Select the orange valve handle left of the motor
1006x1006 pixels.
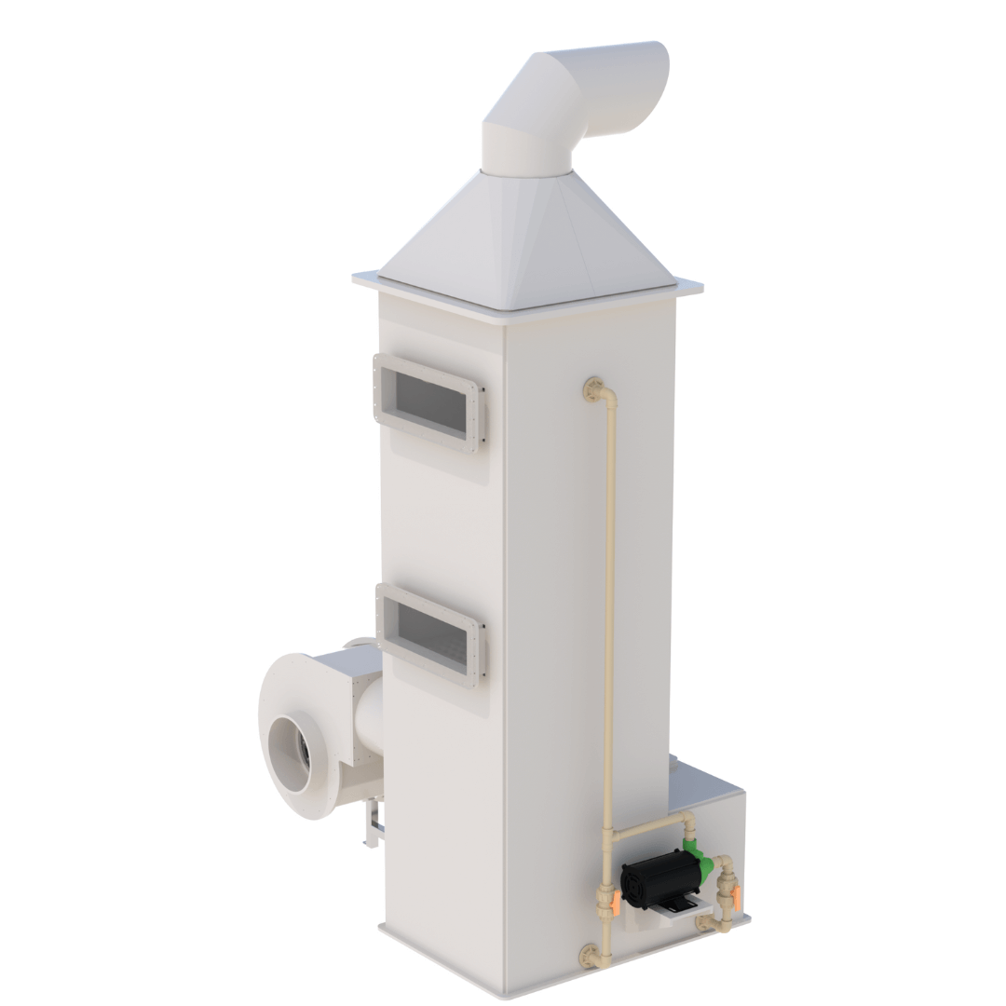coord(615,903)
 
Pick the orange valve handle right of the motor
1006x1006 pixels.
coord(736,898)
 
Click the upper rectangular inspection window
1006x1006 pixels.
coord(430,403)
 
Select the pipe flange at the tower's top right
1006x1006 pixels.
coord(591,387)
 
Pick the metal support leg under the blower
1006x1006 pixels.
coord(372,824)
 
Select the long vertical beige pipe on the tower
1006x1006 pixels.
coord(610,605)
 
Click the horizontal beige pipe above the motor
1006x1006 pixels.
coord(648,826)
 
